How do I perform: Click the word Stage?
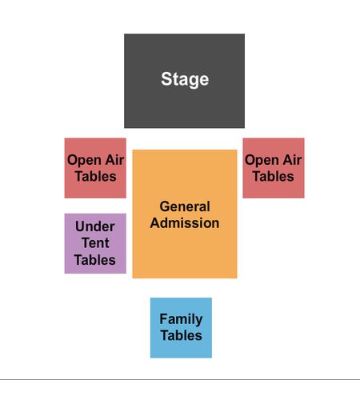(x=185, y=79)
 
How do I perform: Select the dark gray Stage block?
(x=184, y=81)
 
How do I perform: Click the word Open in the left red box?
(x=84, y=161)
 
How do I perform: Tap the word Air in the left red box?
(x=114, y=160)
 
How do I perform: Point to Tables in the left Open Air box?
(x=95, y=176)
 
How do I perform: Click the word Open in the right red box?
(x=262, y=161)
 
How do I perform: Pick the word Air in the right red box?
(x=292, y=160)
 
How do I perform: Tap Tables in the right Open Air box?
(x=273, y=176)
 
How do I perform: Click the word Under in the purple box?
(x=95, y=226)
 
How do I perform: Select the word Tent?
(x=95, y=243)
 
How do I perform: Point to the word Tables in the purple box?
(x=94, y=260)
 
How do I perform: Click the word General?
(x=185, y=206)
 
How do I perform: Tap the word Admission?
(x=185, y=223)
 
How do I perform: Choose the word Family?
(x=181, y=319)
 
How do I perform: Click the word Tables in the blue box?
(x=181, y=335)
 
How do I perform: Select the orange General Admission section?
(x=185, y=214)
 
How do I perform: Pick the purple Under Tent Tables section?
(x=95, y=243)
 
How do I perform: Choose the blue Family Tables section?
(x=181, y=328)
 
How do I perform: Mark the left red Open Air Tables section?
(x=95, y=168)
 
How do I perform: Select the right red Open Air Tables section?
(x=274, y=168)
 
